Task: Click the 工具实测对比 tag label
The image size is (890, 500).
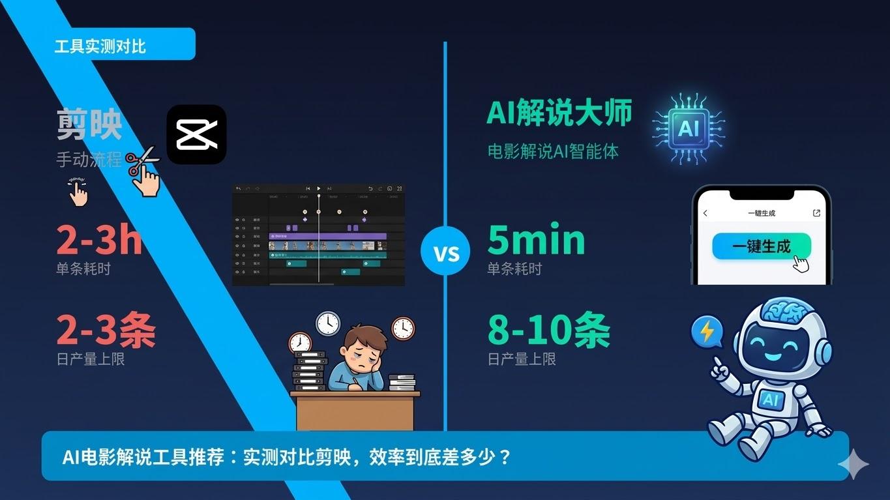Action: click(x=100, y=46)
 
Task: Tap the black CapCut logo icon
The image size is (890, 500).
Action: click(x=196, y=134)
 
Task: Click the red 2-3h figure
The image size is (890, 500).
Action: click(x=99, y=241)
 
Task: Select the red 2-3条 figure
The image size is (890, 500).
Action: click(x=106, y=330)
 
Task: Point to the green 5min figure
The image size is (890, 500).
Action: click(x=536, y=240)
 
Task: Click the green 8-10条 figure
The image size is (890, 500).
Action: click(x=548, y=330)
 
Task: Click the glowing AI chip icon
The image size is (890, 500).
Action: click(x=688, y=128)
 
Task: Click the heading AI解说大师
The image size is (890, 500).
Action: click(x=559, y=113)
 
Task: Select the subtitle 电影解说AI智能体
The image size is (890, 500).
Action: click(x=553, y=151)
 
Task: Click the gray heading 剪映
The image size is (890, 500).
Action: click(x=89, y=124)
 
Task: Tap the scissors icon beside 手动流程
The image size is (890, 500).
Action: click(x=143, y=162)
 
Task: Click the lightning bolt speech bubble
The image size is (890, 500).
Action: click(x=707, y=332)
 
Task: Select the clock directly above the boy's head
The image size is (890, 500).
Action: click(x=328, y=323)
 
